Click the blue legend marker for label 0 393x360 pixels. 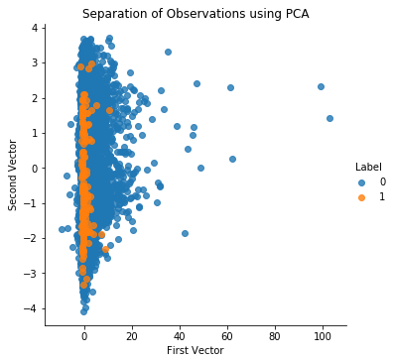pyautogui.click(x=361, y=182)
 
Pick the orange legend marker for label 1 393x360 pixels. pyautogui.click(x=361, y=197)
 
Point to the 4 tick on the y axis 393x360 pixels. pyautogui.click(x=34, y=28)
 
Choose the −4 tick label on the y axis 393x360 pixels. pyautogui.click(x=31, y=308)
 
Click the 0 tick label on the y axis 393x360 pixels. pyautogui.click(x=34, y=169)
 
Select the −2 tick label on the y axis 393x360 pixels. pyautogui.click(x=31, y=238)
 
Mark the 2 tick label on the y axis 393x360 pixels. pyautogui.click(x=34, y=98)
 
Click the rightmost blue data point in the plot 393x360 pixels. pyautogui.click(x=329, y=118)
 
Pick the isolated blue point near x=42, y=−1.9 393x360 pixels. pyautogui.click(x=185, y=233)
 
